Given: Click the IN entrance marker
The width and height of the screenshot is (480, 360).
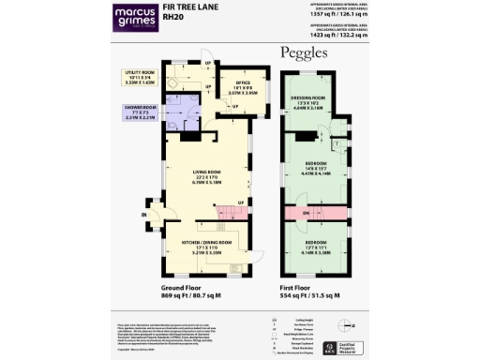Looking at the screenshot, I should pos(144,215).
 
